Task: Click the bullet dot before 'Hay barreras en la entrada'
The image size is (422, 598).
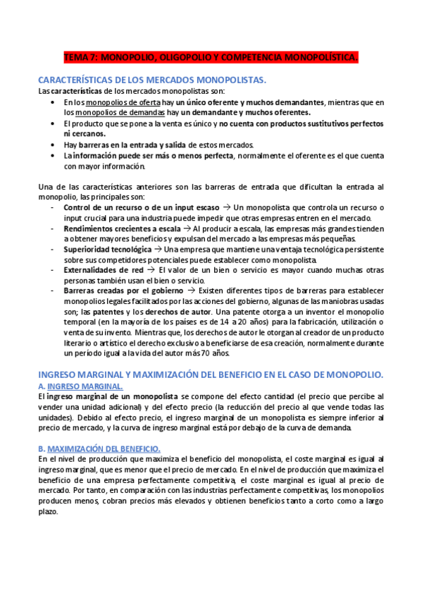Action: (x=55, y=145)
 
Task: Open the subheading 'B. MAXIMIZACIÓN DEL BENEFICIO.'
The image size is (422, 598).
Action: (x=99, y=448)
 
